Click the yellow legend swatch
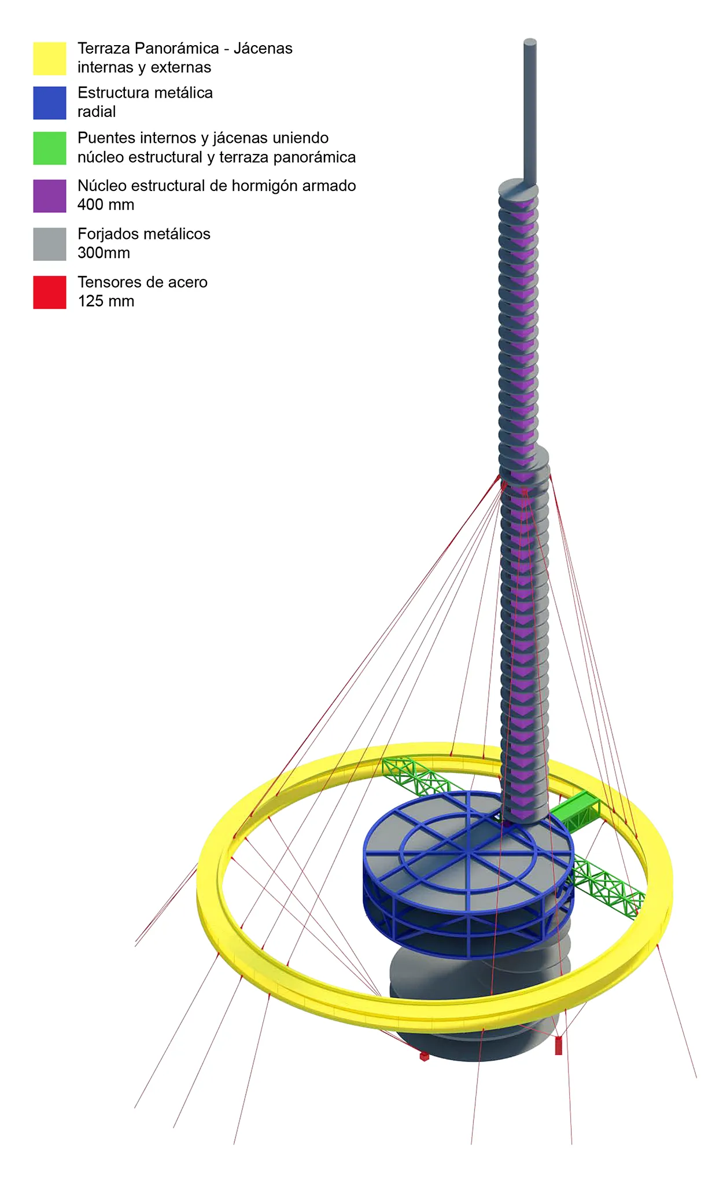click(50, 58)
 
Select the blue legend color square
click(50, 103)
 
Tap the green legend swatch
click(50, 148)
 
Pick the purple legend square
click(50, 196)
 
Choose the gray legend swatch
click(50, 244)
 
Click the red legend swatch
click(50, 292)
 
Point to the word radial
click(97, 112)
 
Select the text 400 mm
click(106, 205)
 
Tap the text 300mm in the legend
click(104, 253)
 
